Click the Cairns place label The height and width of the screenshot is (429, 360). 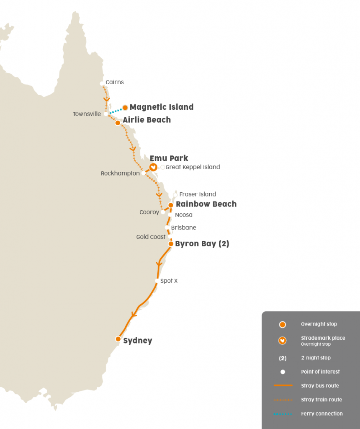coord(114,82)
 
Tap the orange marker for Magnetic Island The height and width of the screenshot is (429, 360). coord(125,107)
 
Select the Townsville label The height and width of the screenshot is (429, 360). coord(87,114)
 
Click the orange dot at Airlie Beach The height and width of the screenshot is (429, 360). coord(118,123)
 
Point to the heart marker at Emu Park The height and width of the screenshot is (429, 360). coord(153,167)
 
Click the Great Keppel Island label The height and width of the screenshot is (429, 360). coord(193,167)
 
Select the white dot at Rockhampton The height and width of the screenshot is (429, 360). coord(144,173)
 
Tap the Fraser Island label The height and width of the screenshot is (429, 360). coord(197,194)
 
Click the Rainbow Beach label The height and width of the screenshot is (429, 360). coord(206,204)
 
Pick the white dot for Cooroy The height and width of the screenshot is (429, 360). coord(163,212)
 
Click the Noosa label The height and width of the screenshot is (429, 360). coord(184,215)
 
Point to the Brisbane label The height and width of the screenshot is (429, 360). coord(183,228)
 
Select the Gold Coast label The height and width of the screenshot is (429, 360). coord(151,237)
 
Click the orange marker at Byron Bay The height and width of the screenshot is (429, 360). coord(171,243)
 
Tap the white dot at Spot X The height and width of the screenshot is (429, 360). coord(157,281)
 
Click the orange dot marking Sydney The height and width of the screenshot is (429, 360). coord(118,339)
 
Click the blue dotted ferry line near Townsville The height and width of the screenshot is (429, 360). coord(115,111)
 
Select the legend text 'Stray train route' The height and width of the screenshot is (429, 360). coord(321,400)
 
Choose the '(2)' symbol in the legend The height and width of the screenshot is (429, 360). coord(283,358)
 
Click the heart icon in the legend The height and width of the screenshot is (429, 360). coord(283,341)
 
